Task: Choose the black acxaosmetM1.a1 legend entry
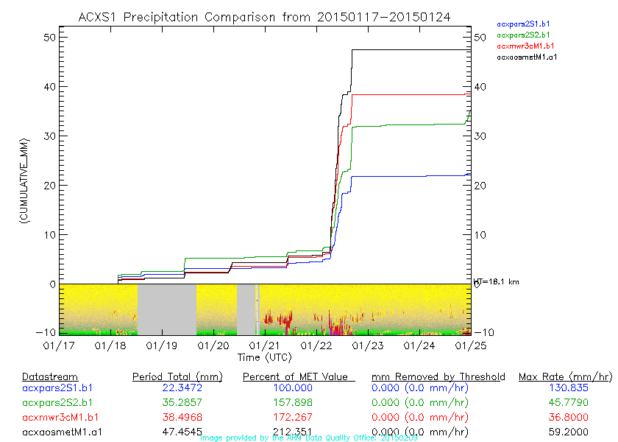pos(527,56)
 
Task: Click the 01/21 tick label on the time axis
pos(265,344)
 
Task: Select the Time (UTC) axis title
pos(264,357)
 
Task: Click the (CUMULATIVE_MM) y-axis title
pos(24,180)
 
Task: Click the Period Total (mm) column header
pos(177,377)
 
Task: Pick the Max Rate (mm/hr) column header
pos(565,377)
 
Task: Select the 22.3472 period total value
pos(178,387)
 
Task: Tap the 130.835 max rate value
pos(564,387)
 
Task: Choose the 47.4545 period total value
pos(178,432)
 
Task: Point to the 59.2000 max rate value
pos(564,432)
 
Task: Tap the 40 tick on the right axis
pos(480,87)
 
